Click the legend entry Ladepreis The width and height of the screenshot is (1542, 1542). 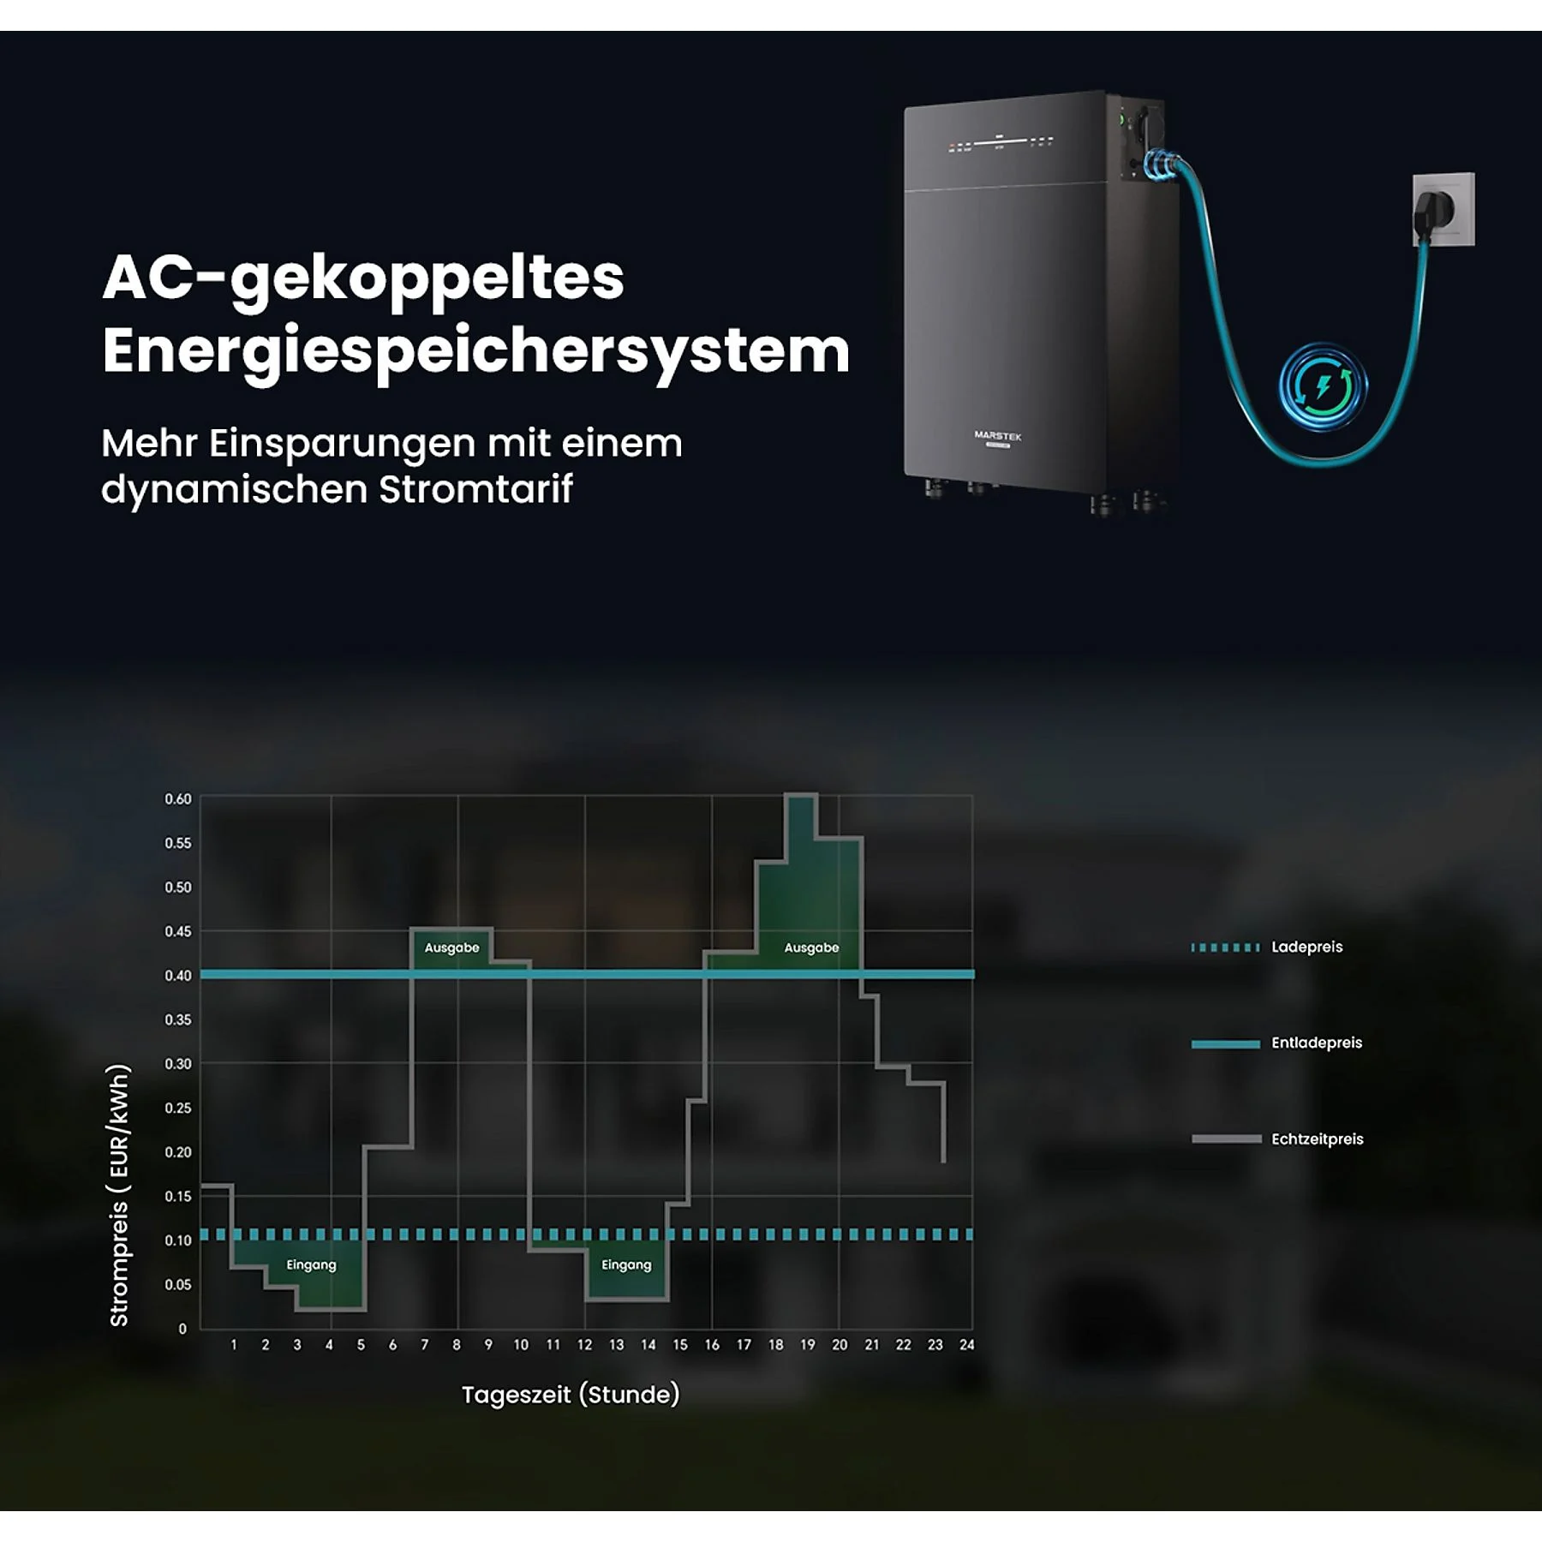coord(1306,947)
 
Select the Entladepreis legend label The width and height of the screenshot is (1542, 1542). coord(1317,1043)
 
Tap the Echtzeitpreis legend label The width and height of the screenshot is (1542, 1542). coord(1318,1139)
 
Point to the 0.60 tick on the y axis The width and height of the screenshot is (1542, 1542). coord(178,799)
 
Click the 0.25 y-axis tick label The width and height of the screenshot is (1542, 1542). coord(178,1108)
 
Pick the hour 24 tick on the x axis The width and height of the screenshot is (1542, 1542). coord(966,1345)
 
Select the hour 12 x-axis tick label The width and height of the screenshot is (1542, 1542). coord(584,1345)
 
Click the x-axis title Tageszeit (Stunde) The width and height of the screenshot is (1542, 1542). coord(571,1395)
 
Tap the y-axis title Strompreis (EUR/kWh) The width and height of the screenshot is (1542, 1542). coord(119,1196)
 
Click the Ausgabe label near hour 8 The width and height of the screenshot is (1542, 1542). coord(452,947)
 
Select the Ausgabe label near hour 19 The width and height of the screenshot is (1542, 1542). coord(811,947)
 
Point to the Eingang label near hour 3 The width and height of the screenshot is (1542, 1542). coord(311,1265)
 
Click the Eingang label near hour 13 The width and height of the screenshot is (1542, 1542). coord(626,1265)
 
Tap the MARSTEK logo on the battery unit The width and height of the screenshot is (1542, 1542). coord(998,436)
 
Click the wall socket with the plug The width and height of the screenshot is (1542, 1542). coord(1443,209)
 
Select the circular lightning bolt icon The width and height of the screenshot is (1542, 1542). coord(1323,386)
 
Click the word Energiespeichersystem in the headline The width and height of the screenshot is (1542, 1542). coord(475,352)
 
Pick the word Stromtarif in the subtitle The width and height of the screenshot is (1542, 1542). coord(475,489)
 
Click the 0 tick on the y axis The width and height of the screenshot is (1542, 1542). coord(182,1330)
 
